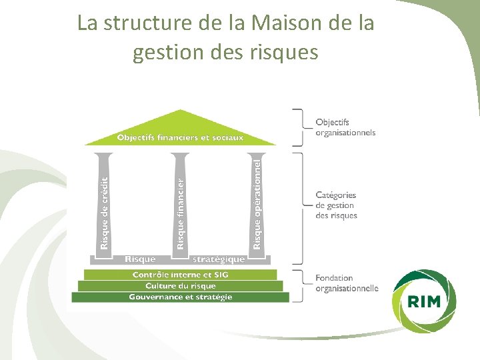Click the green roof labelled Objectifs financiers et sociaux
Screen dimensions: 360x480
point(180,137)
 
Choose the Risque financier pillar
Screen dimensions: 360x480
point(180,203)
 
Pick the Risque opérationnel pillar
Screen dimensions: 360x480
point(257,203)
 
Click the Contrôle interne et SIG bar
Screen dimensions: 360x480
point(180,275)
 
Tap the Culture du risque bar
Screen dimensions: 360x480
point(180,285)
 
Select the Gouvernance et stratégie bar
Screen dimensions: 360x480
point(180,297)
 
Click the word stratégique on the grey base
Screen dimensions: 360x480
point(218,259)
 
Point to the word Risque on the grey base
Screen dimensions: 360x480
point(140,259)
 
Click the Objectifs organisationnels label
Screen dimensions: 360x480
point(345,127)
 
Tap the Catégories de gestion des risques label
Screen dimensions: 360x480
point(336,205)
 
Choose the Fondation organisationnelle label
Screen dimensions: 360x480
point(346,283)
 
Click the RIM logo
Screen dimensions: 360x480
point(425,301)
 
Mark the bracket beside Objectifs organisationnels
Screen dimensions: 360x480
point(301,126)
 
